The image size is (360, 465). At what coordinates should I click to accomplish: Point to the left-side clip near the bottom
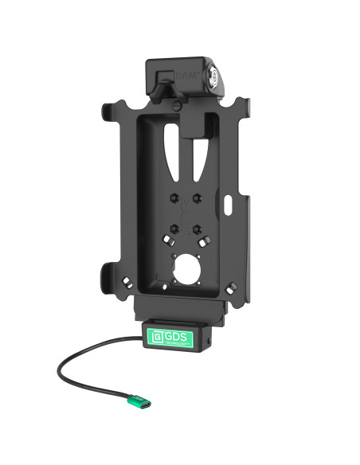pos(109,275)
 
